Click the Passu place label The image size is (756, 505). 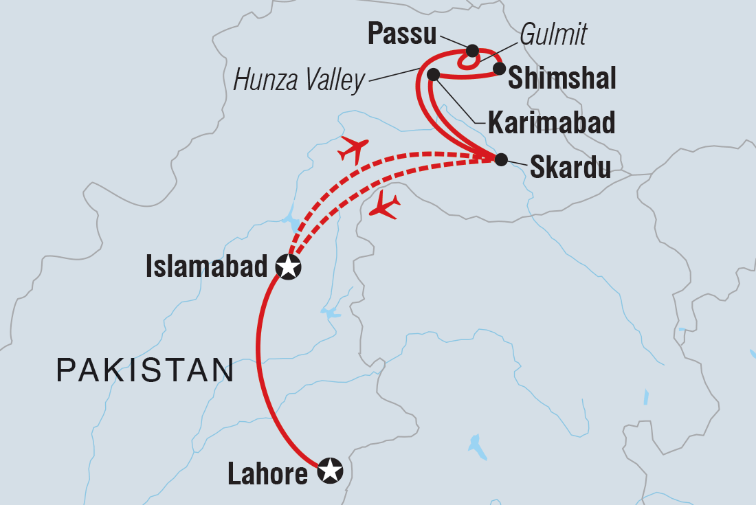[403, 33]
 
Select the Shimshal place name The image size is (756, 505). [561, 79]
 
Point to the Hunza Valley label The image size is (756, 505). [299, 80]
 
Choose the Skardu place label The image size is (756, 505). [570, 168]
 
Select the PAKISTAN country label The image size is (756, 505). [145, 370]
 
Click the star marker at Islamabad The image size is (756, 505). [289, 267]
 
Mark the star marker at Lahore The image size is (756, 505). [330, 471]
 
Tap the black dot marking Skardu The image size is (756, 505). [501, 159]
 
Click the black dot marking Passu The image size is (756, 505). [472, 50]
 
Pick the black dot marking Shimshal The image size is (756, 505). [500, 69]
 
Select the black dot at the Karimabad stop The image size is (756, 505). [433, 74]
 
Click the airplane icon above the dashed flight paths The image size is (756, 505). [354, 148]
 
